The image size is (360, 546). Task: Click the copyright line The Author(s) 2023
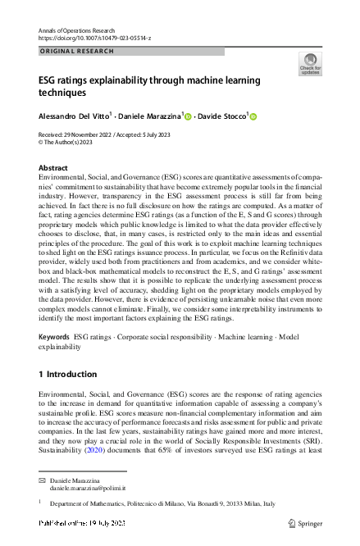[67, 141]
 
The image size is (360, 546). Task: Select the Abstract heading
[53, 167]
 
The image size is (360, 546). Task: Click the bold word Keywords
[54, 337]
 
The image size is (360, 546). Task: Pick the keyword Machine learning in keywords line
[220, 337]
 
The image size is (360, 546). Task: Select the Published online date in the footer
[82, 522]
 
